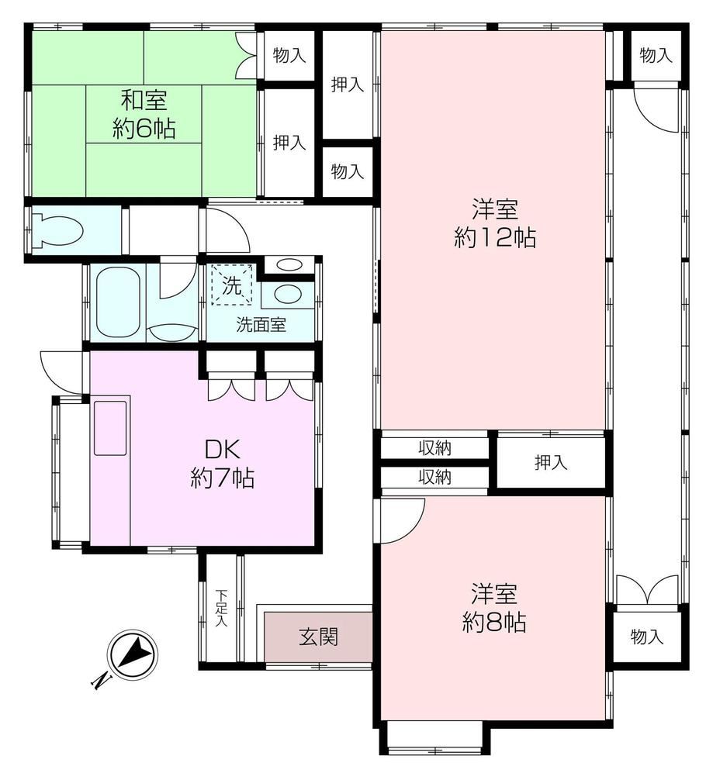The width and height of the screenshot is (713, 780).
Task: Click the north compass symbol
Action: tap(132, 654)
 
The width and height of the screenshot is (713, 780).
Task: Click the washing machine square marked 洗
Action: tap(232, 285)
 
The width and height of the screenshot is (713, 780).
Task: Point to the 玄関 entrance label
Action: tap(319, 637)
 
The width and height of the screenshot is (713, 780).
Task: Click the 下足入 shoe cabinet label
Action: tap(222, 608)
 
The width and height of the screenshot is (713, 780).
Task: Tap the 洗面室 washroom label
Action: tap(261, 325)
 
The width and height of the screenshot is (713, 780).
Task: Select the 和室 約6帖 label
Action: tap(144, 115)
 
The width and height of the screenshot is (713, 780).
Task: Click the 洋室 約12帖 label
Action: tap(495, 223)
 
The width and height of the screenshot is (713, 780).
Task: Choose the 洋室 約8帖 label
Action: tap(494, 608)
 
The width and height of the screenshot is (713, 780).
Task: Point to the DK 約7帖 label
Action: tap(223, 464)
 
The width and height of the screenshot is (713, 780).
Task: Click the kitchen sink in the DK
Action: tap(110, 428)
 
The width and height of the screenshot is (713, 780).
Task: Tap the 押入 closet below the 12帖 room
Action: tap(551, 463)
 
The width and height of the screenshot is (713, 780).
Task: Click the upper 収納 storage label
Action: tap(435, 448)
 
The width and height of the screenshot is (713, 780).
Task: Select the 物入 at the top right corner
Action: tap(656, 55)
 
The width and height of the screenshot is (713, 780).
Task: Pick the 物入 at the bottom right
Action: tap(647, 637)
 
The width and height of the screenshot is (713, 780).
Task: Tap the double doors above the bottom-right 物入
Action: tap(647, 590)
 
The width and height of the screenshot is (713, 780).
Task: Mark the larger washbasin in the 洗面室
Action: tap(287, 294)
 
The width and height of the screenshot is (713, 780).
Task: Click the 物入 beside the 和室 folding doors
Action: tap(289, 55)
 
